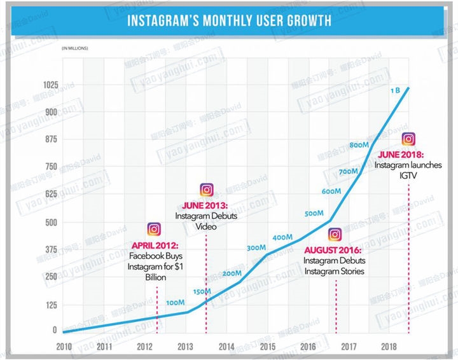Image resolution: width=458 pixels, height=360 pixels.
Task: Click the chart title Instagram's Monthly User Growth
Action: [x=229, y=20]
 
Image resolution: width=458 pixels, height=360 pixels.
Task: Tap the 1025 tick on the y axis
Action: [x=69, y=85]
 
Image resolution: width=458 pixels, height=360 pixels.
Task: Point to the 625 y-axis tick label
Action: [x=69, y=195]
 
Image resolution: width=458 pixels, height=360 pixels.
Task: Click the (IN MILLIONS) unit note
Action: [x=75, y=48]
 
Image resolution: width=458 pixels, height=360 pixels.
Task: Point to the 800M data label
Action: [x=359, y=145]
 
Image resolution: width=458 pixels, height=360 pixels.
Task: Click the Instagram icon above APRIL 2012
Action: [x=154, y=230]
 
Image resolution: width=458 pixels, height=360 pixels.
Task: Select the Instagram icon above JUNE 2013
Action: [x=206, y=189]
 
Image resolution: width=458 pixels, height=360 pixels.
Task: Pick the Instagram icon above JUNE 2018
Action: [x=409, y=139]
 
